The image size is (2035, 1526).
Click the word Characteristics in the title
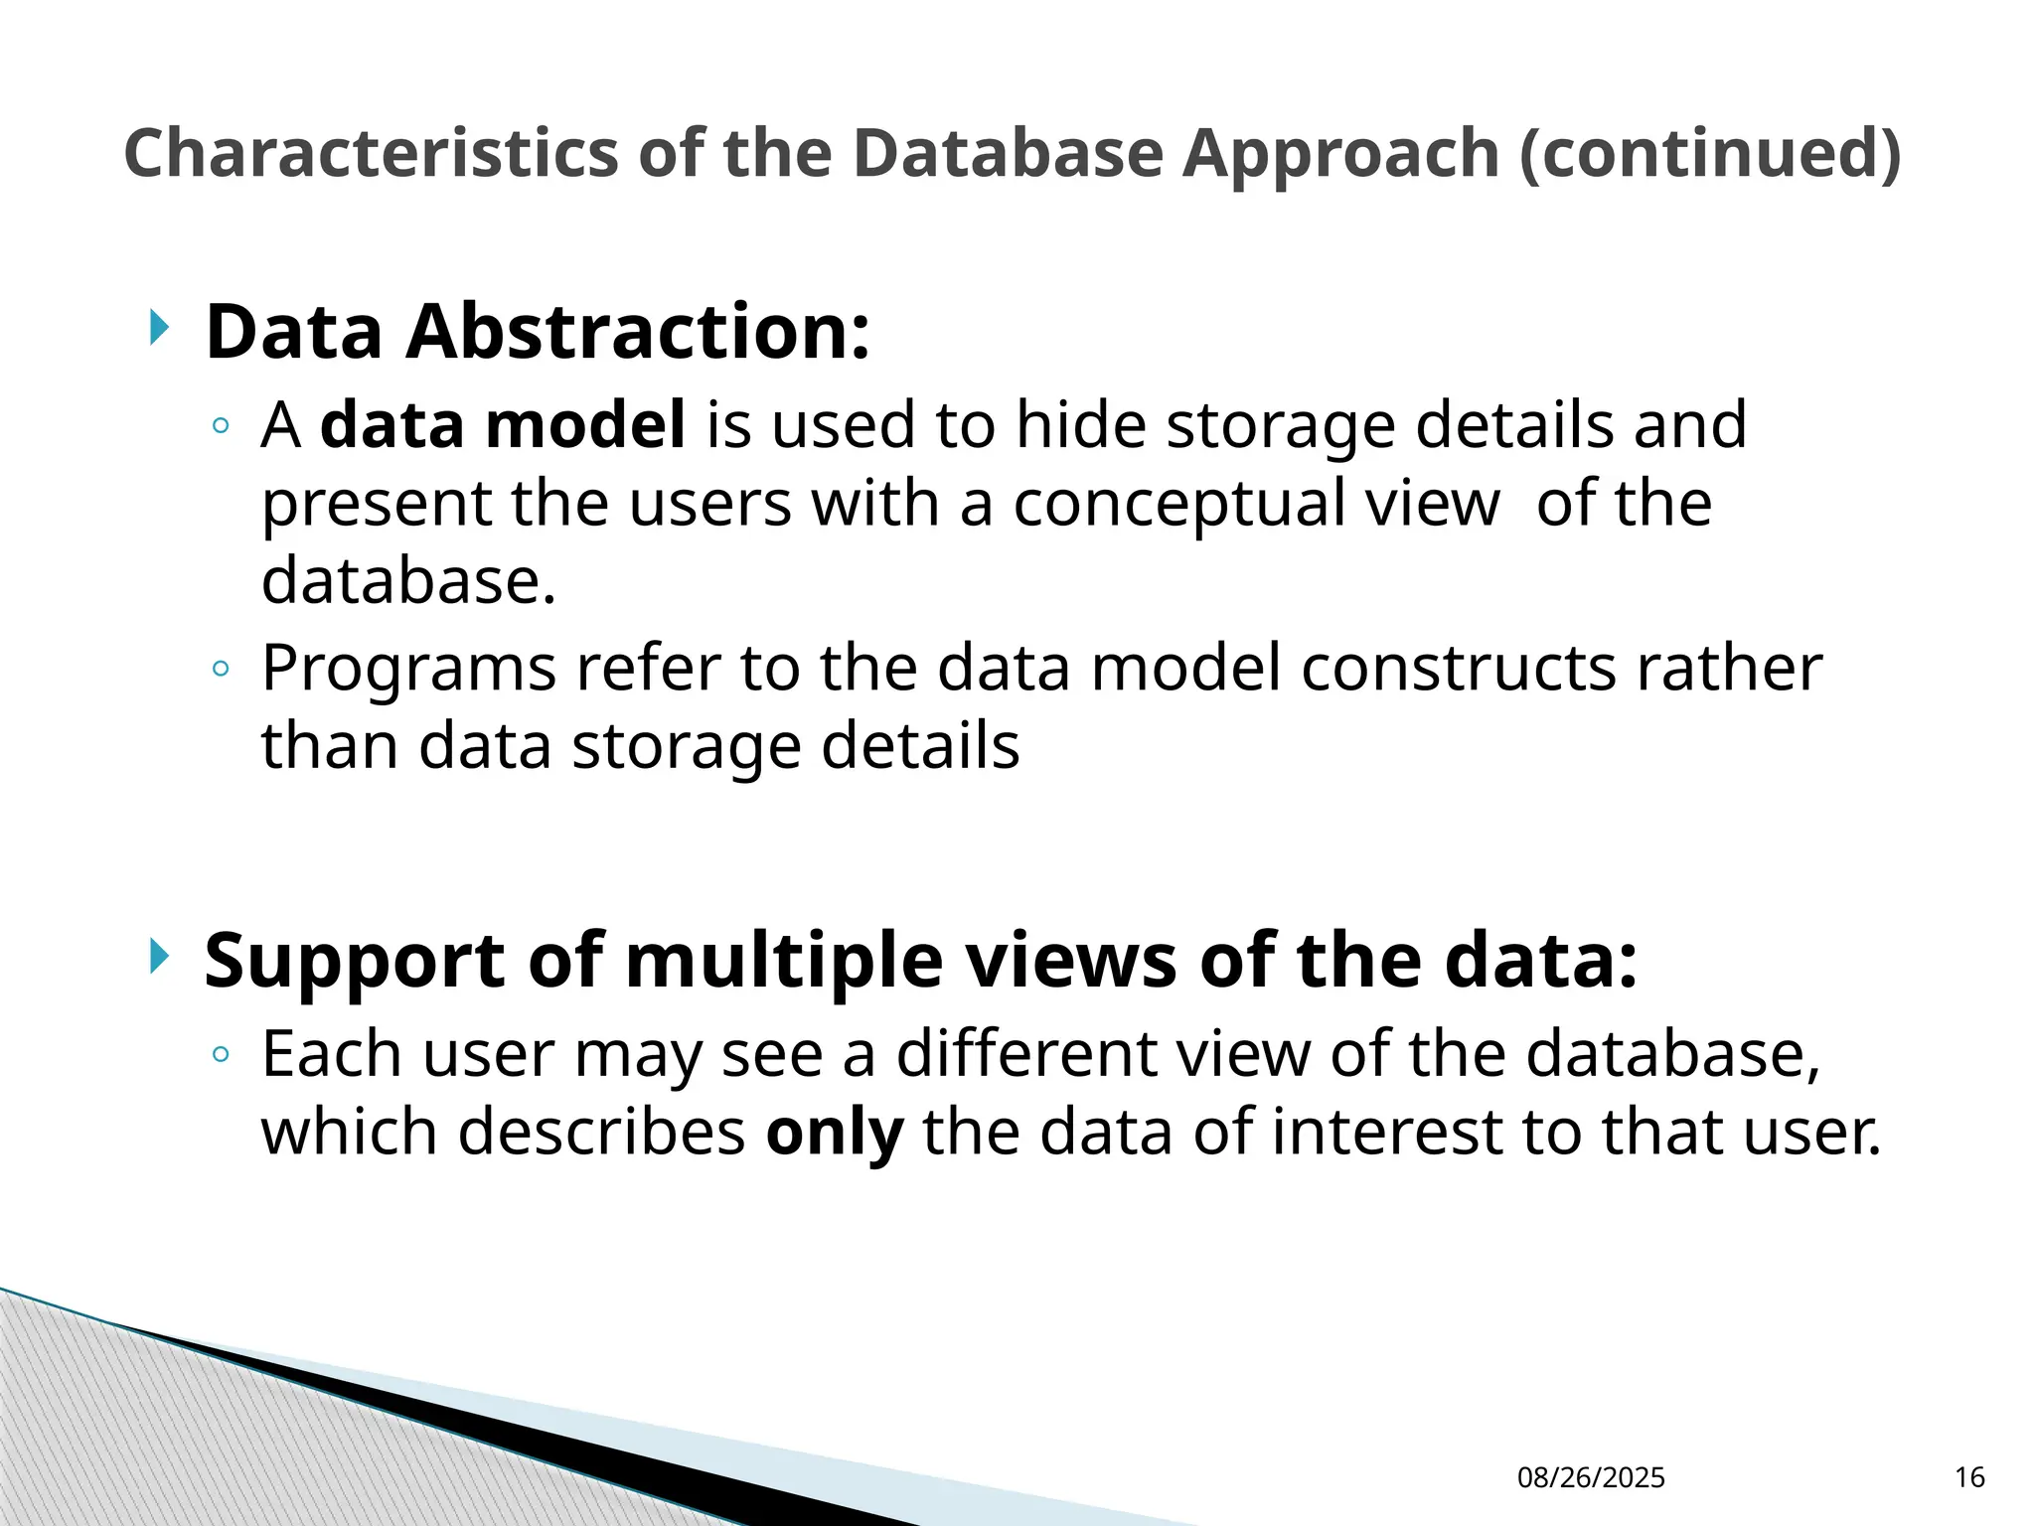pyautogui.click(x=372, y=154)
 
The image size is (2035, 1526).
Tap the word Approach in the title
pyautogui.click(x=1340, y=154)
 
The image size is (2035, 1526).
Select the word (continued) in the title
pyautogui.click(x=1710, y=154)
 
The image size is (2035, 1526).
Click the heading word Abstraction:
pyautogui.click(x=638, y=332)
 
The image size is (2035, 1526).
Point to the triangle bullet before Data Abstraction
pyautogui.click(x=159, y=327)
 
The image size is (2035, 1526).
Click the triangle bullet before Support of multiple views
pyautogui.click(x=159, y=957)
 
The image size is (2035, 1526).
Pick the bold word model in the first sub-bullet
pyautogui.click(x=585, y=424)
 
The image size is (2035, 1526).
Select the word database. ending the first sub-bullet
pyautogui.click(x=408, y=580)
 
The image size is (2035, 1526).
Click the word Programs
pyautogui.click(x=408, y=669)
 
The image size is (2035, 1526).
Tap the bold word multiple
pyautogui.click(x=784, y=962)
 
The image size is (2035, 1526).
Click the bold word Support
pyautogui.click(x=355, y=962)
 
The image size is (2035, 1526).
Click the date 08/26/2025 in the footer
pyautogui.click(x=1591, y=1478)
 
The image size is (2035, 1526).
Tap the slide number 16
pyautogui.click(x=1969, y=1478)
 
